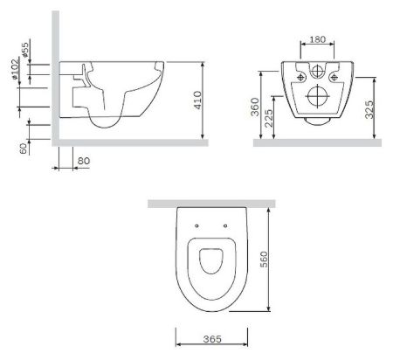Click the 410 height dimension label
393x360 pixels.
click(x=211, y=100)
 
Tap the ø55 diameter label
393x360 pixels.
click(x=26, y=51)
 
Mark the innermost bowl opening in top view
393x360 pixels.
click(x=210, y=263)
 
